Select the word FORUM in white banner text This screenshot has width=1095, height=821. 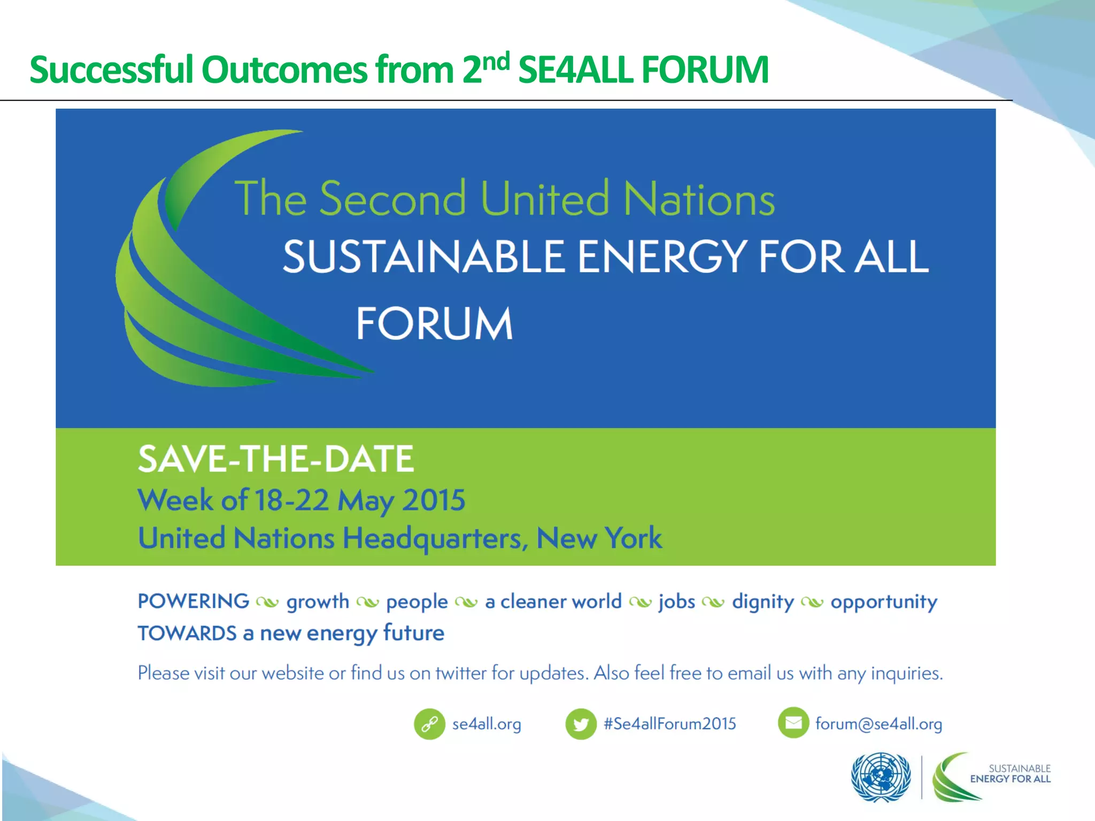click(434, 324)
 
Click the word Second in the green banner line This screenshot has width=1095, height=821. click(393, 199)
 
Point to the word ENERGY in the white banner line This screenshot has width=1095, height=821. click(662, 258)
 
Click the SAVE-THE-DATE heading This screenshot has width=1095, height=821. click(276, 459)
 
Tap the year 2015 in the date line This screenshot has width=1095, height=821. click(434, 500)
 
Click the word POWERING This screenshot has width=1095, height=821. click(194, 601)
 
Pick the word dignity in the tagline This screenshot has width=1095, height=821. click(763, 602)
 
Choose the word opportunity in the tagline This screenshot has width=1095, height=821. click(884, 602)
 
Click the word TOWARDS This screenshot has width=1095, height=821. click(187, 633)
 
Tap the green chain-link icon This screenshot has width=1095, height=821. click(429, 724)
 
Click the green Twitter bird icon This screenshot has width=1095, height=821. click(581, 724)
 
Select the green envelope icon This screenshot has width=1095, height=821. click(793, 723)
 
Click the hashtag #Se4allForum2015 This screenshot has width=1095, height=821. click(669, 724)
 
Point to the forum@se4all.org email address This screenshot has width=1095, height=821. click(878, 724)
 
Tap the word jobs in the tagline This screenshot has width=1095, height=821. click(677, 602)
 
